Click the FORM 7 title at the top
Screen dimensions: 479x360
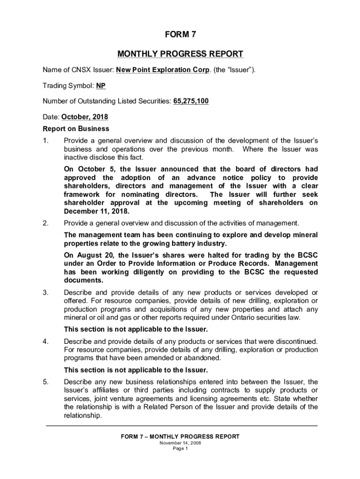point(180,35)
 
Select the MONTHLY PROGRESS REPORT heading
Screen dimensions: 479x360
point(180,54)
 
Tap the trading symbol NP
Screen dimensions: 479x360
point(101,86)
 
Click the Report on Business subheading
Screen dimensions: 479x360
point(76,129)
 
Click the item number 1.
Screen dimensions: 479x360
point(45,140)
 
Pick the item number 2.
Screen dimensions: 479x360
point(45,223)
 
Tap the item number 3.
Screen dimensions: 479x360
point(45,292)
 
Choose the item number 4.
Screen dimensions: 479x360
point(45,341)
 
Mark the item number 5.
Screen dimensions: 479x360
point(45,381)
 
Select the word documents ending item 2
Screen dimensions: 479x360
point(84,281)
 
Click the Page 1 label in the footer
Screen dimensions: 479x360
point(180,449)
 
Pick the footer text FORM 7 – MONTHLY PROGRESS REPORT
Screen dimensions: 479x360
point(180,436)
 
